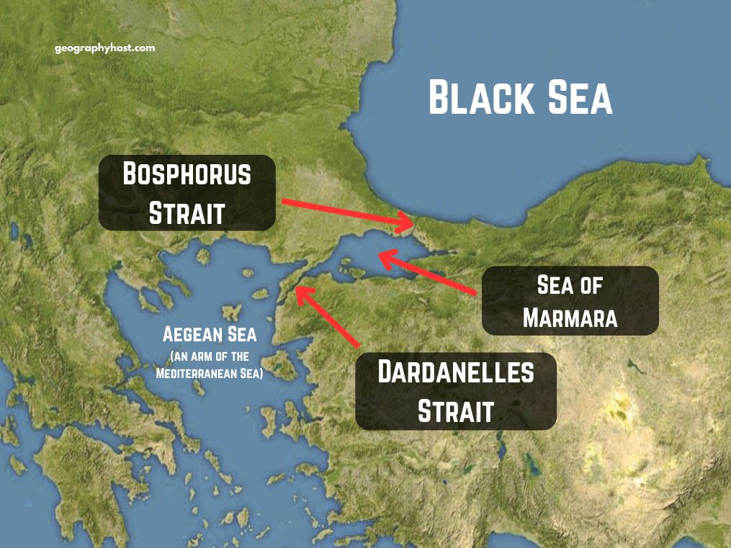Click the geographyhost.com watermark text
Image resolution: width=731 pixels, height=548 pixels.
click(x=104, y=48)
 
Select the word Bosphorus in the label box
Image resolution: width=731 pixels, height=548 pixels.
click(x=187, y=174)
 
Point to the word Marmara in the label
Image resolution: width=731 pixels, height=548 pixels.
click(x=570, y=318)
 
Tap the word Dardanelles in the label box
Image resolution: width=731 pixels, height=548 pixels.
click(x=456, y=372)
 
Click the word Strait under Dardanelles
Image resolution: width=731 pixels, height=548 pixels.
click(x=456, y=411)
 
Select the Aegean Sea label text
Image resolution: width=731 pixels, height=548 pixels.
click(x=210, y=334)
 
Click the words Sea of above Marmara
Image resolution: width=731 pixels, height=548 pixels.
click(x=570, y=285)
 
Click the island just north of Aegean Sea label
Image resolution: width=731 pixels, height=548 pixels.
click(x=231, y=313)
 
